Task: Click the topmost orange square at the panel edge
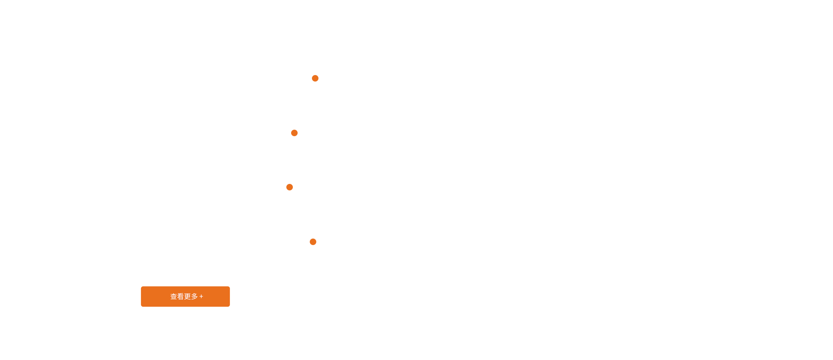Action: click(315, 78)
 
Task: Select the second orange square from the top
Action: click(294, 133)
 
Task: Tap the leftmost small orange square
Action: click(289, 187)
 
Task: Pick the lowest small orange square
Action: click(313, 242)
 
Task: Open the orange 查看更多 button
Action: click(185, 296)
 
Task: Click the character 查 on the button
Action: click(174, 296)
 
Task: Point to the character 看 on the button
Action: click(180, 296)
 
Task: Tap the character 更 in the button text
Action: click(187, 296)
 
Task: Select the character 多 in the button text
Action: click(194, 296)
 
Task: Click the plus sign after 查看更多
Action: click(201, 297)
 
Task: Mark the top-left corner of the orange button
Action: click(140, 286)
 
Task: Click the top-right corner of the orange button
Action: click(230, 286)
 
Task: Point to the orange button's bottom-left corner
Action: click(140, 307)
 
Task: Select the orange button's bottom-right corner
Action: click(230, 307)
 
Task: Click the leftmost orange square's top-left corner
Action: click(285, 183)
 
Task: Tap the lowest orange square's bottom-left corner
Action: click(309, 245)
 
